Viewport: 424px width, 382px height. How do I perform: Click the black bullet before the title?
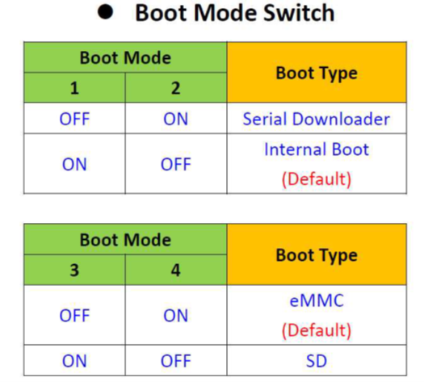105,12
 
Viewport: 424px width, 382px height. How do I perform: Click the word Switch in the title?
299,13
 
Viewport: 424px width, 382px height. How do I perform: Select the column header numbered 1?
74,88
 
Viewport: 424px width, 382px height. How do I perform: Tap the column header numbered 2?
176,88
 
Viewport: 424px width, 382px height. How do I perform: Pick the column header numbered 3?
74,270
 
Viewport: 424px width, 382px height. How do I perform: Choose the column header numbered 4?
176,270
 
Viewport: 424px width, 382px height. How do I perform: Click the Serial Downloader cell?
317,119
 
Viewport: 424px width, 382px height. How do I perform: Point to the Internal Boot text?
317,149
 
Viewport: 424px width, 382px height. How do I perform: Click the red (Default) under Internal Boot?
317,179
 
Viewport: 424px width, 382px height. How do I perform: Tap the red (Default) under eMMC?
317,330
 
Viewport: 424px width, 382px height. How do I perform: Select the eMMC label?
317,300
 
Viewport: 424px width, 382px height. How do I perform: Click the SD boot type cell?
317,361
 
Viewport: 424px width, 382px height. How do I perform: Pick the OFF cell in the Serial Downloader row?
74,119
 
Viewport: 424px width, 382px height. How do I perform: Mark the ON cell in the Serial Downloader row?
176,119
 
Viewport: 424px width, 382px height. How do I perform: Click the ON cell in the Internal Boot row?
74,164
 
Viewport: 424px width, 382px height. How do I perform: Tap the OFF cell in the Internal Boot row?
176,164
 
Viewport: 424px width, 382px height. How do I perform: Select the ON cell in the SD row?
74,361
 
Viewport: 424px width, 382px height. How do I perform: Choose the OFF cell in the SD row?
176,361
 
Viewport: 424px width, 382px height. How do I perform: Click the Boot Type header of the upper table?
317,73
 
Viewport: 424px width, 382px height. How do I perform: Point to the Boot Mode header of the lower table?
125,240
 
